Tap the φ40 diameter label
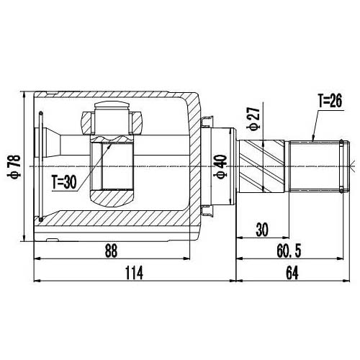(221, 168)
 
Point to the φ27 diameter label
(252, 117)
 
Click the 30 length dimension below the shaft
(262, 230)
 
